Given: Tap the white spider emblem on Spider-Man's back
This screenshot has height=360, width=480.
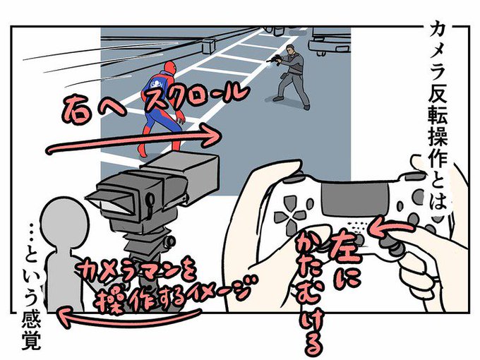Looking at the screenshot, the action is pos(157,83).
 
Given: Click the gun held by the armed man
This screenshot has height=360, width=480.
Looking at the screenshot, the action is pos(275,59).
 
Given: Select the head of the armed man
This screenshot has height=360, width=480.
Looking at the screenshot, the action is pos(291,49).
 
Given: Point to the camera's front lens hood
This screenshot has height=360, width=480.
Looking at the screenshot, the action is pos(109,203).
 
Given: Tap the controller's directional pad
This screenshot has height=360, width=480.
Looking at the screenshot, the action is pos(289,215).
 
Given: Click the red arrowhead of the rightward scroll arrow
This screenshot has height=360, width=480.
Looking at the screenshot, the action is pos(211,134).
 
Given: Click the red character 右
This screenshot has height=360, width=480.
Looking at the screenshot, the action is pos(76,108).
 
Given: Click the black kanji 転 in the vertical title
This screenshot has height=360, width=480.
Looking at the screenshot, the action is pos(438,115).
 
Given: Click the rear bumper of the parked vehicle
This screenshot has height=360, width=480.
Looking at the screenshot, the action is pos(329,46).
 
